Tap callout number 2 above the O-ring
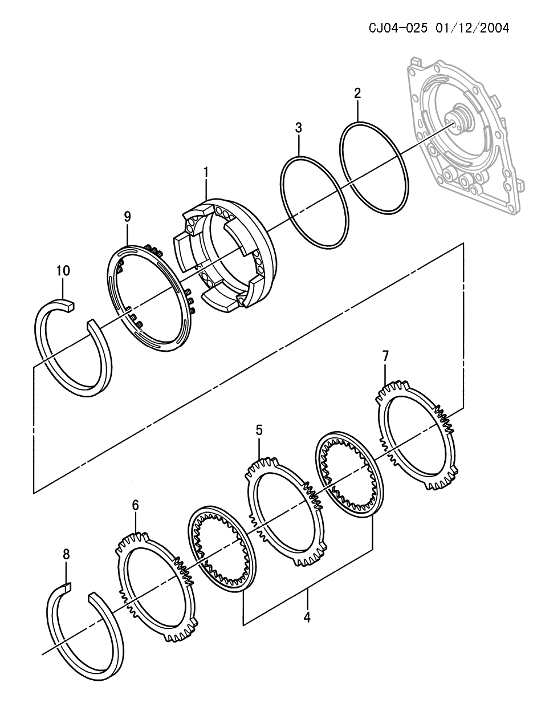coord(357,94)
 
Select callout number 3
coord(298,128)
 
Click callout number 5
coord(259,430)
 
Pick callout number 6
coord(135,505)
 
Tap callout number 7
coord(385,356)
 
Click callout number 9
coord(127,217)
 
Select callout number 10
coord(63,270)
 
